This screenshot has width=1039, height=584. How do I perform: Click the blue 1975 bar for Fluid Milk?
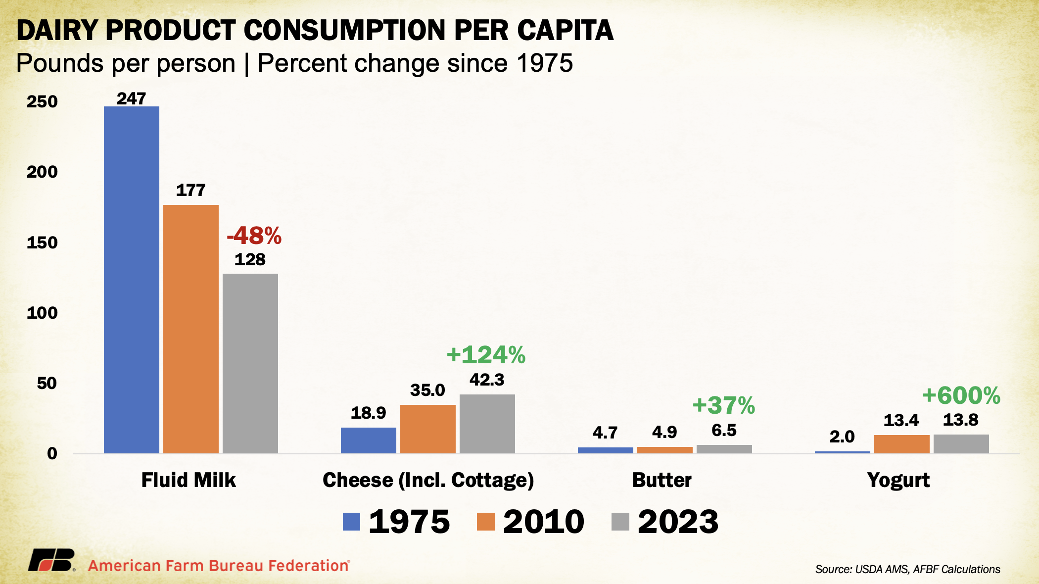[132, 280]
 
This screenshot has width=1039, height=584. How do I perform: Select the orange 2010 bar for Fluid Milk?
[191, 329]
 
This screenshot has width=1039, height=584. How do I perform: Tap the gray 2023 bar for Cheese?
[487, 424]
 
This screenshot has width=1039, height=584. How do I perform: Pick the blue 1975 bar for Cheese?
[369, 440]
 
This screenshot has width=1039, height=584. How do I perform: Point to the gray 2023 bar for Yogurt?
[961, 444]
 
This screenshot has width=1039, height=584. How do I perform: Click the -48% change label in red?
[254, 236]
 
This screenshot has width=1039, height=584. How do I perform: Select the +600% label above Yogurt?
[961, 395]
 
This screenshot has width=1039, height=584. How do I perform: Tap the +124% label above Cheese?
[486, 355]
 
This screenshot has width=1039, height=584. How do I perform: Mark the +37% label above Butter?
[724, 405]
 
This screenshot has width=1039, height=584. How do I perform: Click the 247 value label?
[132, 98]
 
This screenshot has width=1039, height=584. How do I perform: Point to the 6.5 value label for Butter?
[724, 431]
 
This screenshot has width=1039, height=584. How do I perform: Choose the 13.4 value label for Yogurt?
[901, 421]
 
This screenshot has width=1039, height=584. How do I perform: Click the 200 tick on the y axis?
[42, 172]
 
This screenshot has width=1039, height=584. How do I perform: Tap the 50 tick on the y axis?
[47, 383]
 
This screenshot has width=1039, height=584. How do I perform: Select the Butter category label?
[662, 480]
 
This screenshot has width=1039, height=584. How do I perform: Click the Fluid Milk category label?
[189, 480]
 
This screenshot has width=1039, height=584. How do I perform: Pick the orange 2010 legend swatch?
[486, 522]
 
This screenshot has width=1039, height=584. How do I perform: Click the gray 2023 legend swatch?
[620, 522]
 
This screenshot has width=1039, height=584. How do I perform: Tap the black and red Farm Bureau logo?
[51, 561]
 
